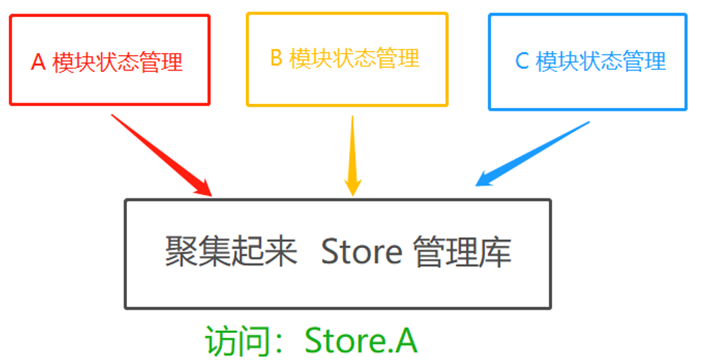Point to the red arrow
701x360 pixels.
(160, 154)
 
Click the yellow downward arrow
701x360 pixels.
(353, 153)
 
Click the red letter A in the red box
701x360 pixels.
(38, 62)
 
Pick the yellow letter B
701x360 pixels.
(276, 58)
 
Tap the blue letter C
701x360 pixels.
(522, 61)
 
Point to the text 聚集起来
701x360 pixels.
(231, 253)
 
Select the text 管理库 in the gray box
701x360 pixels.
(461, 253)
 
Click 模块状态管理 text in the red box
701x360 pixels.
(118, 62)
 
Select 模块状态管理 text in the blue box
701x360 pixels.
(601, 61)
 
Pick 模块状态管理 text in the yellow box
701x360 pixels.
(355, 58)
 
